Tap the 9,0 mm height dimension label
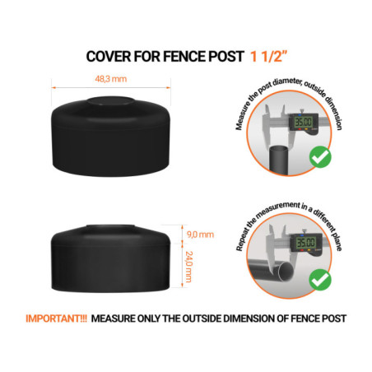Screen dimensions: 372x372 pos(198,235)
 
